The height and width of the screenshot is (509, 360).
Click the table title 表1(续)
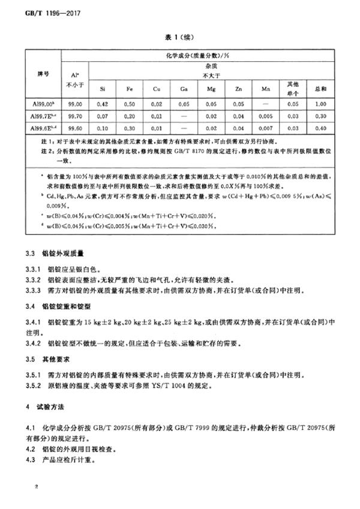click(x=179, y=36)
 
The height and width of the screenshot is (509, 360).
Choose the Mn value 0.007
click(x=265, y=128)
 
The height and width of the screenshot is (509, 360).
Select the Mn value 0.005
click(x=265, y=116)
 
